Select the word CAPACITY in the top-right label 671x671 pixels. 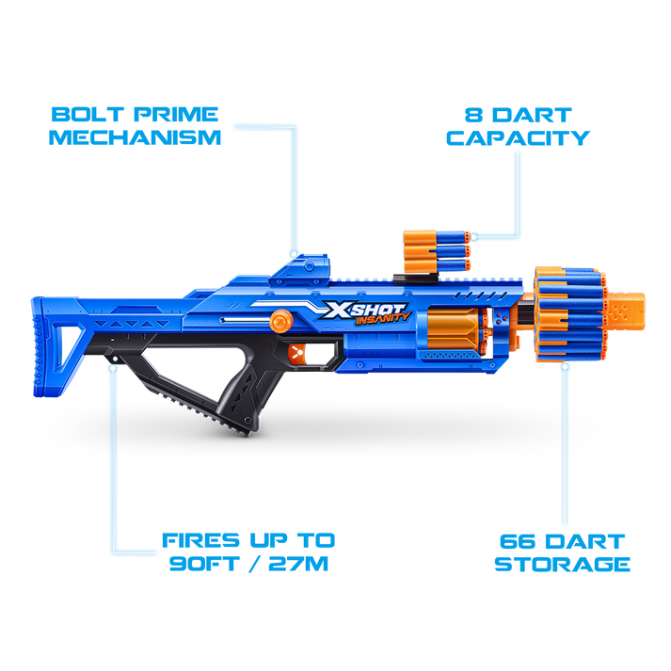click(518, 137)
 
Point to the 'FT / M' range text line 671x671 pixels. click(248, 566)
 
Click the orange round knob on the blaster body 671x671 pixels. click(278, 320)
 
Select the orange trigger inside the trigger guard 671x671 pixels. click(298, 355)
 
